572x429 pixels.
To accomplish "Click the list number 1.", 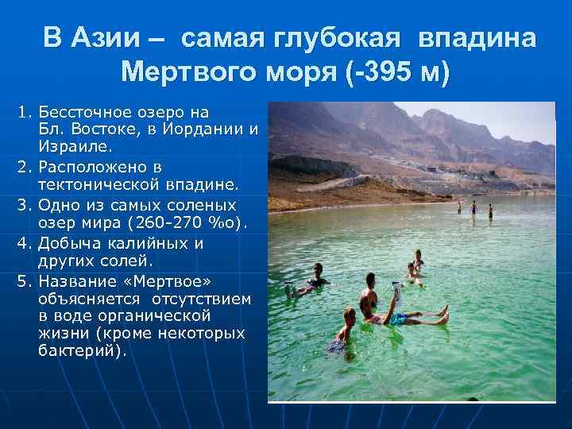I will (24, 112).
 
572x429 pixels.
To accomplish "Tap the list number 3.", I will (24, 204).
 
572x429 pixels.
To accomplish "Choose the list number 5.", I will (24, 281).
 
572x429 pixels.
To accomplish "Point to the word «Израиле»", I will (75, 146).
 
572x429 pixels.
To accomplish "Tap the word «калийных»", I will (150, 242).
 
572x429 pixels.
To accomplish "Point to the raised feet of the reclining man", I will (443, 313).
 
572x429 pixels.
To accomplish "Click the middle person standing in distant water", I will (473, 209).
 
